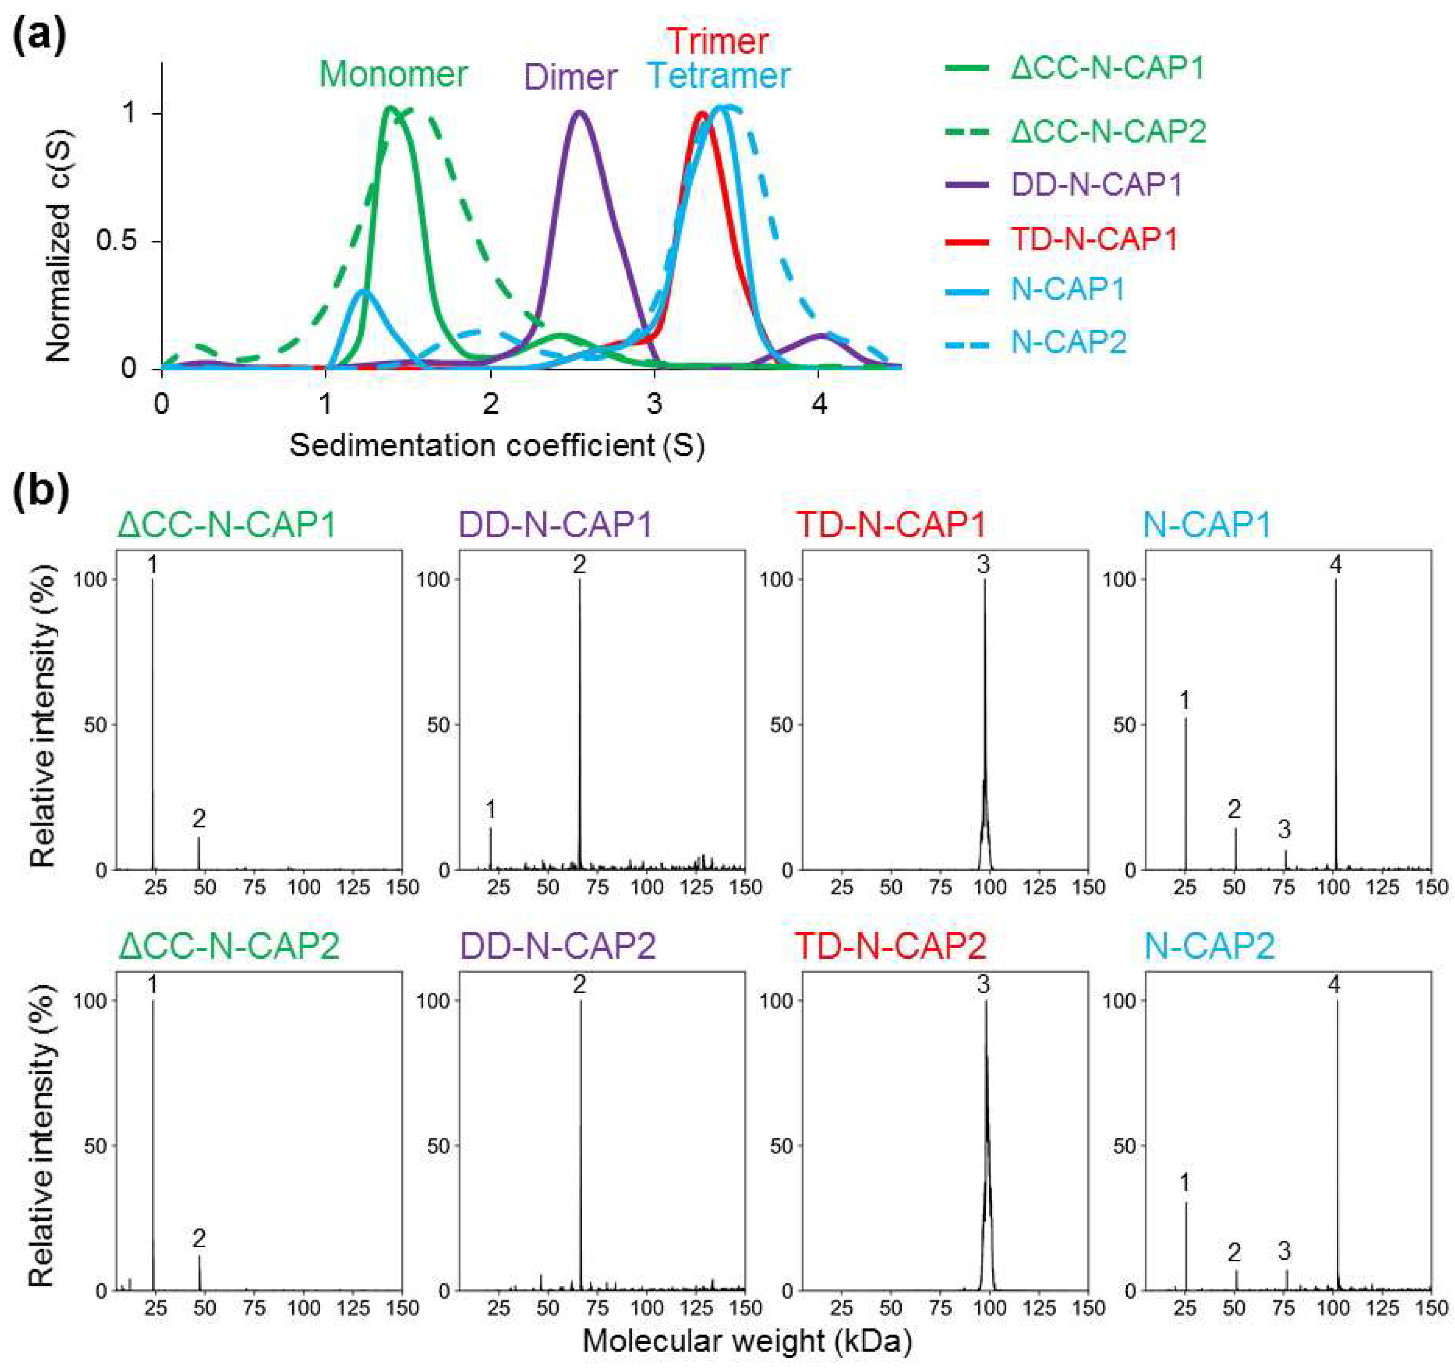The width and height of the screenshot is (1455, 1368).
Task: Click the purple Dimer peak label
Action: point(571,77)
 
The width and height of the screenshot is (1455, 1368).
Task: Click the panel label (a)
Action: point(40,35)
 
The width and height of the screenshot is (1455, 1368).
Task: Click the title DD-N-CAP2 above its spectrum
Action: point(556,946)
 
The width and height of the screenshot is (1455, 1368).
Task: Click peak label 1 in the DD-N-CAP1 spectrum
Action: point(490,809)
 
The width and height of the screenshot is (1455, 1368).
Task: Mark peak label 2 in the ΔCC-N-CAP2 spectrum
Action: point(199,1238)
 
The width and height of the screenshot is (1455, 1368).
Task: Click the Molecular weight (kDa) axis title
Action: point(746,1341)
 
